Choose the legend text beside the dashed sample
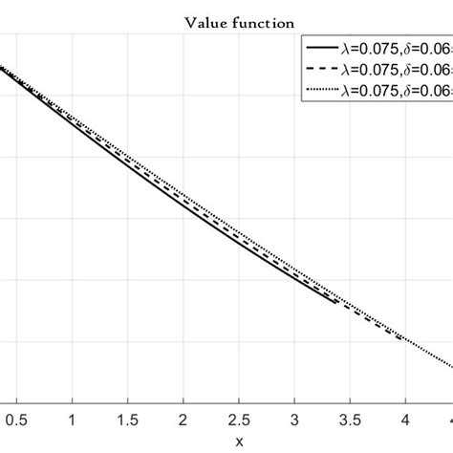(x=391, y=69)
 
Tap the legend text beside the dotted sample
(x=391, y=90)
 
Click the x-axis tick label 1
(x=71, y=419)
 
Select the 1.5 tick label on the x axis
(x=126, y=419)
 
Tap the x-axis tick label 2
(x=183, y=419)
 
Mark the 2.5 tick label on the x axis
(x=238, y=419)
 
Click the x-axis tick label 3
(x=294, y=419)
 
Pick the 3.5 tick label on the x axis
(x=350, y=419)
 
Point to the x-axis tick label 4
(x=405, y=419)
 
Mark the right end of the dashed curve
(x=400, y=339)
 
